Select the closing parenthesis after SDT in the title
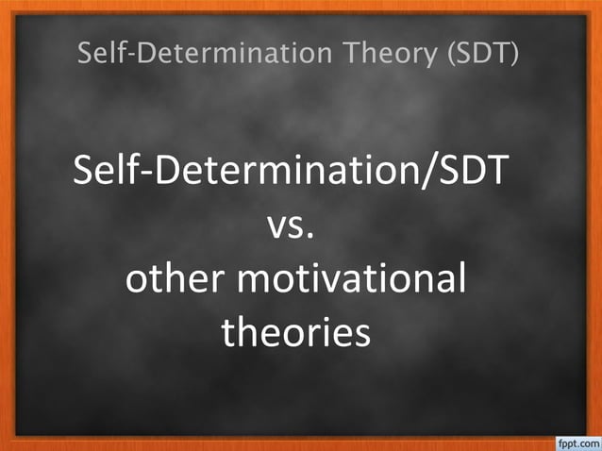coord(514,55)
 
